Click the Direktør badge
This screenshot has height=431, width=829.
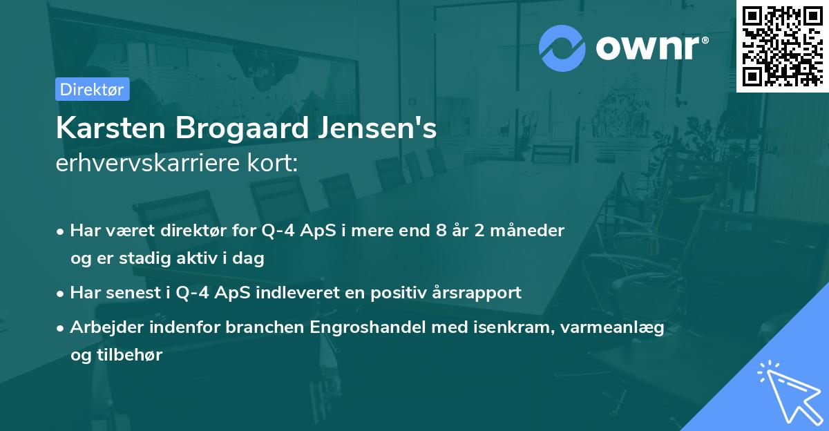[x=92, y=89]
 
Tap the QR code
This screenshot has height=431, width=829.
[x=782, y=46]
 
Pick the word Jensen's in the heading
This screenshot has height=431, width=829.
[x=378, y=129]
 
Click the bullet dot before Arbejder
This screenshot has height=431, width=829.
[x=61, y=327]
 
